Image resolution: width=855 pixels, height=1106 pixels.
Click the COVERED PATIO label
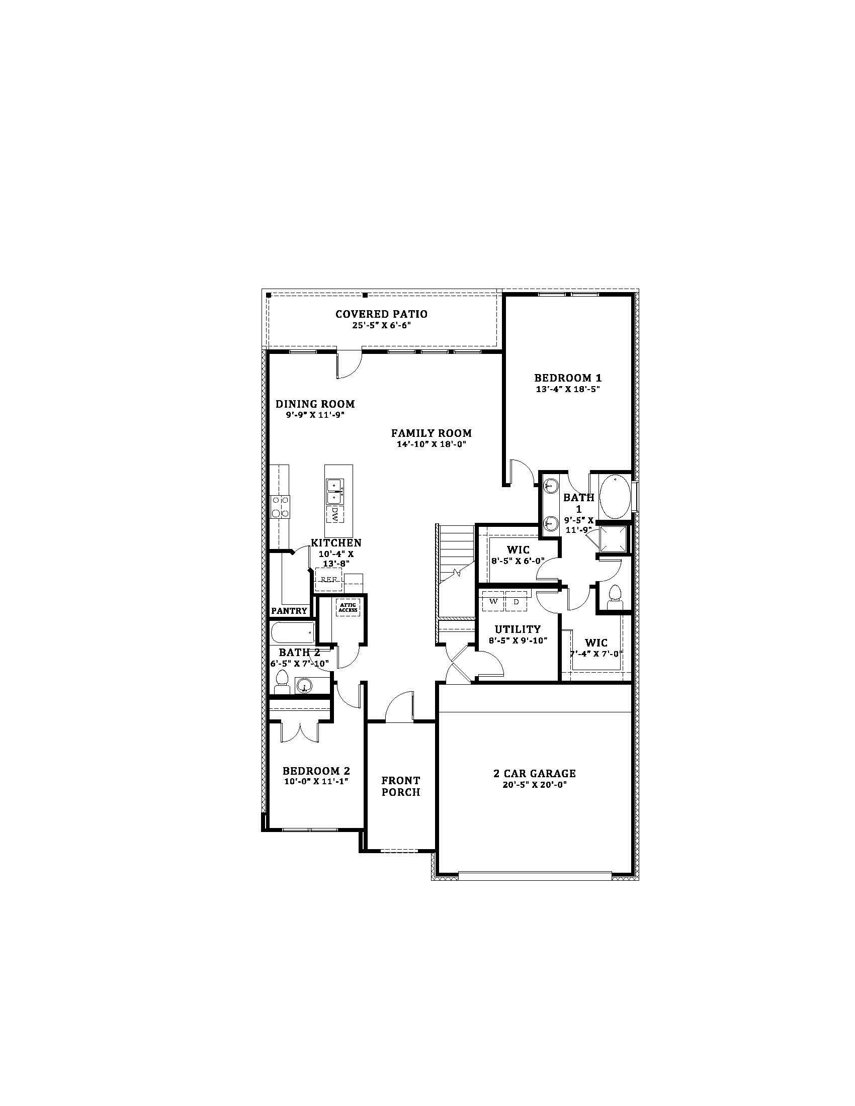pyautogui.click(x=381, y=314)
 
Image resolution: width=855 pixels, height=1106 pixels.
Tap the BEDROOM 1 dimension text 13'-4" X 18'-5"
pyautogui.click(x=568, y=390)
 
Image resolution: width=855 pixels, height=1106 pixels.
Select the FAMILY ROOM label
pyautogui.click(x=431, y=433)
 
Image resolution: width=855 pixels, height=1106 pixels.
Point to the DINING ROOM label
pyautogui.click(x=315, y=404)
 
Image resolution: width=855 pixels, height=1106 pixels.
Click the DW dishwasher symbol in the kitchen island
pyautogui.click(x=335, y=514)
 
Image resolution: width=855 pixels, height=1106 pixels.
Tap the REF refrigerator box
pyautogui.click(x=329, y=579)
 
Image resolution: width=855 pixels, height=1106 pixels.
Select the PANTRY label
pyautogui.click(x=289, y=611)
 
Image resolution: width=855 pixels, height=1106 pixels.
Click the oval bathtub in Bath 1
pyautogui.click(x=615, y=496)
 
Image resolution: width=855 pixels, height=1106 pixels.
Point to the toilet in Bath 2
pyautogui.click(x=282, y=682)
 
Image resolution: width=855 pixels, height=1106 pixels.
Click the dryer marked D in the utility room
pyautogui.click(x=516, y=602)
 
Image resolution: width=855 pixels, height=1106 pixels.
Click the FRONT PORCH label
pyautogui.click(x=401, y=786)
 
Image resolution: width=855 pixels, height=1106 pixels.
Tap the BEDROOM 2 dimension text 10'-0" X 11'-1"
pyautogui.click(x=316, y=781)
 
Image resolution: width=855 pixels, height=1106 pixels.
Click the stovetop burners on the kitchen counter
pyautogui.click(x=281, y=506)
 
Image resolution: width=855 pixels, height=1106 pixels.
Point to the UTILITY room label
pyautogui.click(x=518, y=629)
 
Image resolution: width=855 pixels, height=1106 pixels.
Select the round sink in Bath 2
pyautogui.click(x=304, y=686)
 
